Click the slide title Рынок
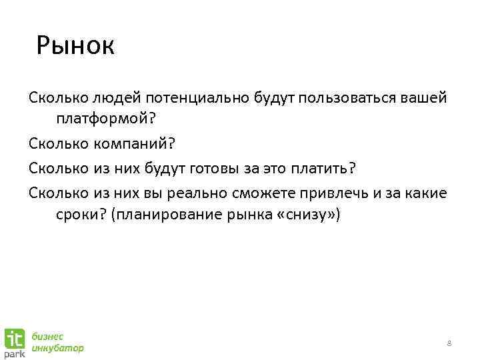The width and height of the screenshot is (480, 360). (x=76, y=46)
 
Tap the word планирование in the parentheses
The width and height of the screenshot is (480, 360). (x=165, y=215)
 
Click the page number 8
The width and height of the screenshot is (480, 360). (x=449, y=343)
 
